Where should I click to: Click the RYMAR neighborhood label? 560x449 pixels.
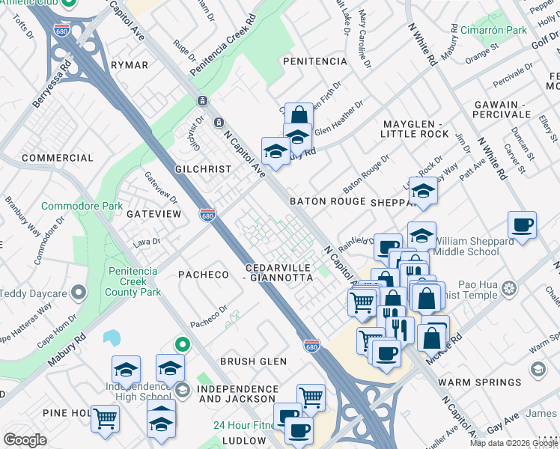tap(130, 65)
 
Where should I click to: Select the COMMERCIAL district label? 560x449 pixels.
tap(58, 158)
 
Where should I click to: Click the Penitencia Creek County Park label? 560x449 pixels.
tap(134, 281)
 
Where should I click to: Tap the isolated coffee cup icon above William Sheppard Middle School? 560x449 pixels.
tap(522, 224)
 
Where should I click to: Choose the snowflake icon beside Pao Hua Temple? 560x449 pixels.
tap(509, 288)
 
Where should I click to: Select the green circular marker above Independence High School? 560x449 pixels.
tap(181, 344)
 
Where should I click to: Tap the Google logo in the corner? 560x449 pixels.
tap(25, 440)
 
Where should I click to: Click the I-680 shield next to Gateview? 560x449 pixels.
tap(207, 214)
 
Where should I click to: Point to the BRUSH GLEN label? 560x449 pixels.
tap(253, 361)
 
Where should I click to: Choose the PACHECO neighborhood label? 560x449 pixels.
tap(203, 275)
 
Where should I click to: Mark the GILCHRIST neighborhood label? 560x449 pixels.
tap(203, 169)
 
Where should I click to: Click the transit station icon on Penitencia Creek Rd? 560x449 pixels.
tap(201, 101)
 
